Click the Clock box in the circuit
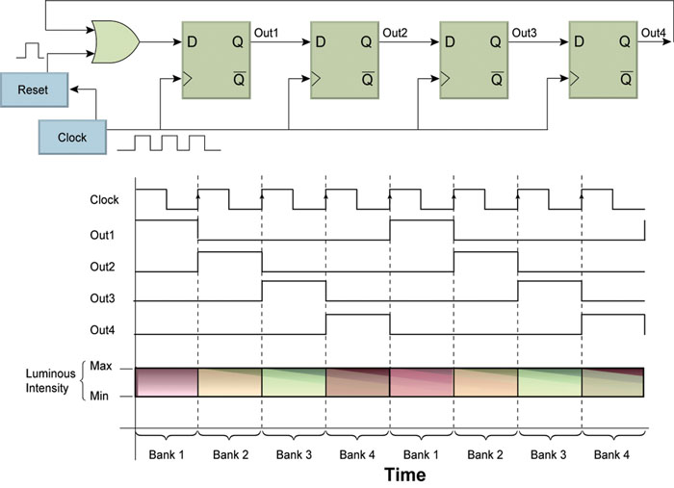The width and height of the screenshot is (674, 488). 72,137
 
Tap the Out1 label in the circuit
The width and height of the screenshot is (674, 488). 267,33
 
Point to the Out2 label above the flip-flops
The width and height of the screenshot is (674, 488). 395,33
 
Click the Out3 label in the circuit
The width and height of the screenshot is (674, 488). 524,33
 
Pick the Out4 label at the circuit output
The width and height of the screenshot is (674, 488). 653,33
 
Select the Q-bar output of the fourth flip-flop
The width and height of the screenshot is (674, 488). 624,78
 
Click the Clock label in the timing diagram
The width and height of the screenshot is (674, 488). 104,201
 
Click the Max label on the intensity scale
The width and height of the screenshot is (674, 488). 100,366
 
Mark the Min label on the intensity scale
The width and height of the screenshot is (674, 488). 100,396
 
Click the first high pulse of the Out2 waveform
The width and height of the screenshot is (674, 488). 229,253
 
